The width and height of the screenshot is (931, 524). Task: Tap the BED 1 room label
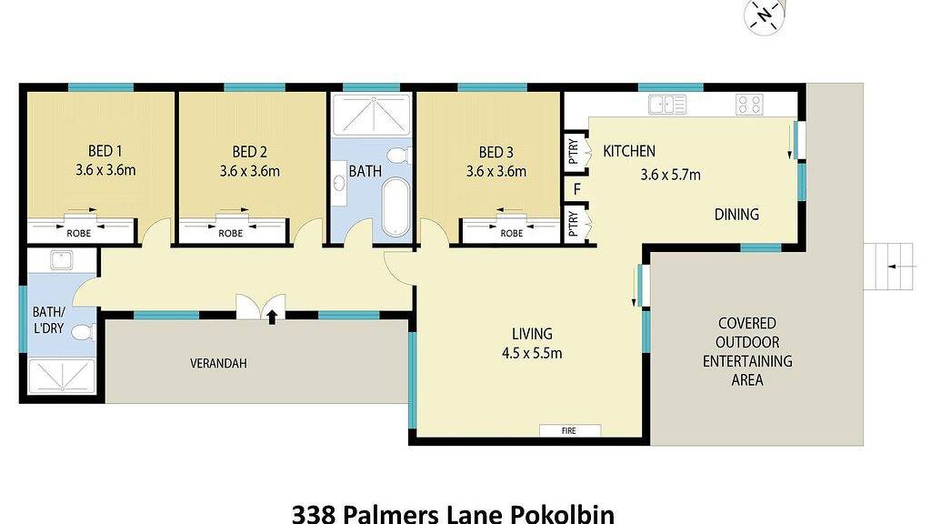105,152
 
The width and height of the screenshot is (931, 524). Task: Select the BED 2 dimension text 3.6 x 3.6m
249,171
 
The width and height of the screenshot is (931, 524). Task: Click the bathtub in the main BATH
396,207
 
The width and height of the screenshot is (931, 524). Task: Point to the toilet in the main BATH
398,156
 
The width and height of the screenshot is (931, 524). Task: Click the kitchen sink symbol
667,105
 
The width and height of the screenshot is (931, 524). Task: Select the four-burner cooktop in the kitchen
749,105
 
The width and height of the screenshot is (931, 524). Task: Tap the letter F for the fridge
576,190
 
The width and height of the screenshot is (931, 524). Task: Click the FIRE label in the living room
569,430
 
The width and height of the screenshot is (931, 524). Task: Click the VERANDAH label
218,363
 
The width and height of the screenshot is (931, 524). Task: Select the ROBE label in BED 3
511,234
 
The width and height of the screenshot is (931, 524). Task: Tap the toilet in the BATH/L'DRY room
83,332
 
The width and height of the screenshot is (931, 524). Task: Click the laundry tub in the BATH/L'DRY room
61,260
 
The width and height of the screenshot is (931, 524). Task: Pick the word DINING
736,215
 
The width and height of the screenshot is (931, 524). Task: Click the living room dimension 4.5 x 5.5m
532,354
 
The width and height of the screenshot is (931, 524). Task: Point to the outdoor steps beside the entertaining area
887,267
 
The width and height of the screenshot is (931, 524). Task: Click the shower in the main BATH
371,114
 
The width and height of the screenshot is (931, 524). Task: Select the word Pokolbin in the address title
563,513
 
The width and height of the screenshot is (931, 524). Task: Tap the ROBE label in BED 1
78,234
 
